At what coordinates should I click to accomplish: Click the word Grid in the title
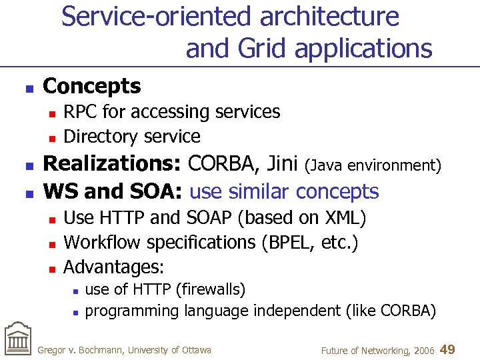(x=259, y=48)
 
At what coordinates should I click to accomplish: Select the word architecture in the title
(x=329, y=16)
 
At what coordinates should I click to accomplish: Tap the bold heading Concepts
(x=91, y=86)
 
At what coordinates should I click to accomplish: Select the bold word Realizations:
(x=113, y=164)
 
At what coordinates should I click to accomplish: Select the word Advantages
(x=111, y=267)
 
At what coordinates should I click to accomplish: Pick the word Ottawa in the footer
(x=196, y=350)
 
